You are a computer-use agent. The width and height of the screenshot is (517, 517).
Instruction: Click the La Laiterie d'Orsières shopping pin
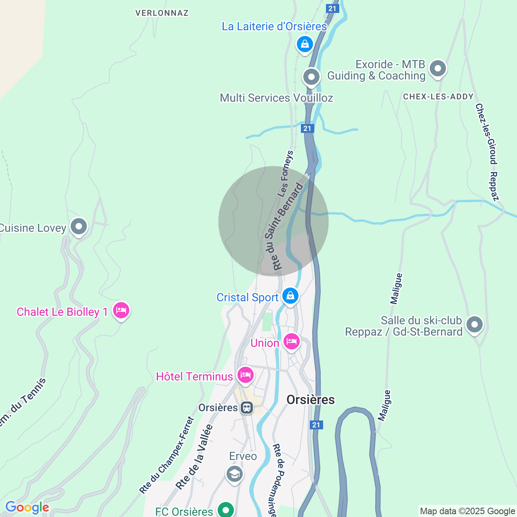coord(305,44)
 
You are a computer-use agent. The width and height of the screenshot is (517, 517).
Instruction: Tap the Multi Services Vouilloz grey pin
coord(311,76)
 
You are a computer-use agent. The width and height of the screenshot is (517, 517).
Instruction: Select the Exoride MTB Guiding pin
coord(438,68)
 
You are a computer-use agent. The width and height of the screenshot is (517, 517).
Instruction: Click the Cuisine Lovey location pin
coord(79,226)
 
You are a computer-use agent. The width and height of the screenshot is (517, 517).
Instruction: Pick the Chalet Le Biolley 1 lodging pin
coord(121,311)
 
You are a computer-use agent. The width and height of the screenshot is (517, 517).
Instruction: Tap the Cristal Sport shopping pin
coord(290,296)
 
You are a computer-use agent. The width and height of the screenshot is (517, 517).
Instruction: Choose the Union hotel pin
coord(292,342)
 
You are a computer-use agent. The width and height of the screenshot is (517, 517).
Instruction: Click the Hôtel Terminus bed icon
coord(245,375)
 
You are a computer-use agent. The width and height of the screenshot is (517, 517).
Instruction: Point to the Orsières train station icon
coord(246,408)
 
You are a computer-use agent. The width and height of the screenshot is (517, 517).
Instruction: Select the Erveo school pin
coord(235,473)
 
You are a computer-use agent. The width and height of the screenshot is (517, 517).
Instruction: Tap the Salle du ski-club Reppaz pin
coord(475,324)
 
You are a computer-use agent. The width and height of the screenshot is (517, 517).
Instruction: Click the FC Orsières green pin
coord(226,510)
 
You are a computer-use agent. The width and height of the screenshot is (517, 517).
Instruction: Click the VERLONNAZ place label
coord(162,13)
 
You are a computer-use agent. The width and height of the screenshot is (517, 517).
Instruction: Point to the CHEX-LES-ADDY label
coord(438,97)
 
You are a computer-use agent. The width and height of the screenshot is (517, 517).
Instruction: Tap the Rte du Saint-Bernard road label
coord(284,227)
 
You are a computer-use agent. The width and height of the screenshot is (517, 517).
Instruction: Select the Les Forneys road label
coord(285,174)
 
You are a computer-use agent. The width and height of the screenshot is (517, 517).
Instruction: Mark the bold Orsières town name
coord(311,399)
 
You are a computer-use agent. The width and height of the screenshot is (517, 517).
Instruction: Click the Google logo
coord(27,507)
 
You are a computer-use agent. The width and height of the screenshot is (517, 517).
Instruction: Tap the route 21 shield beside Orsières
coord(316,425)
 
